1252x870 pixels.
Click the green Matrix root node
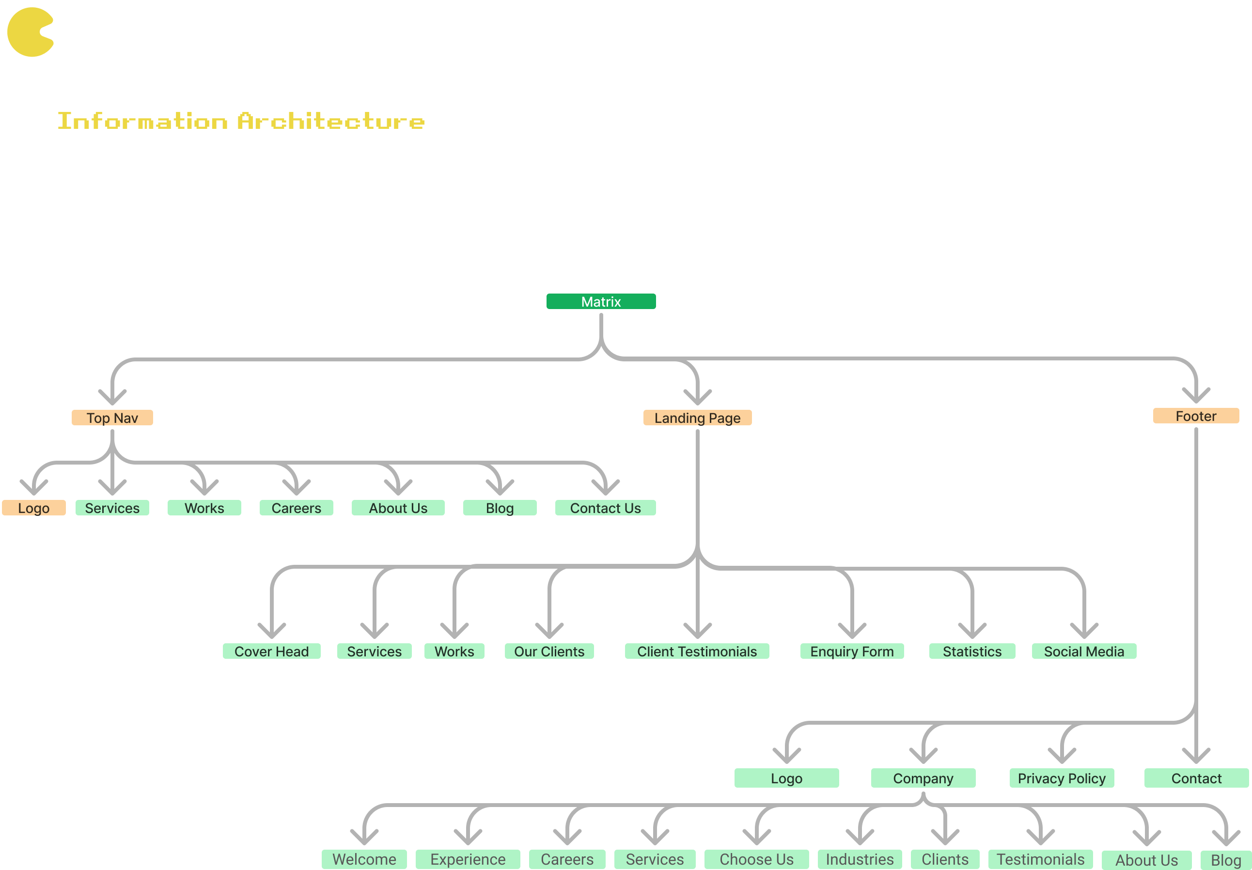(x=601, y=301)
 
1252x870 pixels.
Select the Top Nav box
(x=112, y=418)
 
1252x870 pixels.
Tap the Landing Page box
(x=697, y=418)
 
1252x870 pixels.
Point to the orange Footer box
(x=1196, y=416)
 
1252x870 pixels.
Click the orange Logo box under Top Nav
(x=34, y=508)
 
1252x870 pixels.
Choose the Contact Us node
(x=605, y=508)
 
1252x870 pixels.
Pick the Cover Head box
(x=271, y=651)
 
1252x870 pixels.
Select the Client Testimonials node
(x=697, y=651)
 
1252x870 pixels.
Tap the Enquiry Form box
(x=852, y=651)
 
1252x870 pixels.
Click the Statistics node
(x=972, y=651)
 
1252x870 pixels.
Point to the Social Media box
(x=1084, y=651)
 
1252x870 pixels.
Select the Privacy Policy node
(x=1062, y=778)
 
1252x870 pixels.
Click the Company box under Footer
(x=923, y=778)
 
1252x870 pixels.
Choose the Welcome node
(x=364, y=859)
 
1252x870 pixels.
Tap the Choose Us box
(x=756, y=859)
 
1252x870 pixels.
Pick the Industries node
(x=860, y=859)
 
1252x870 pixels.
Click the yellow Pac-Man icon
(x=30, y=32)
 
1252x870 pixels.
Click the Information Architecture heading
(x=241, y=121)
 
